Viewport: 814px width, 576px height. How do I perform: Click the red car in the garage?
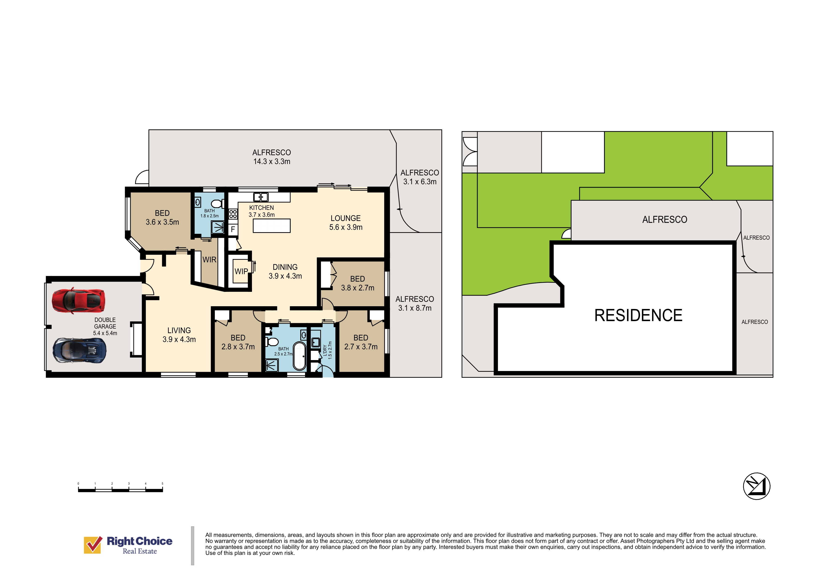[78, 300]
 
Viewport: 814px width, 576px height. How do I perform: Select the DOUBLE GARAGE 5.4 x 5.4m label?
[105, 326]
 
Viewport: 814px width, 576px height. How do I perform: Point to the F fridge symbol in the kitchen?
[233, 229]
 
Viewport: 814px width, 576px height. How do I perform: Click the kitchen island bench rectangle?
[271, 226]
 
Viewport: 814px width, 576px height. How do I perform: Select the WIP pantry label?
[241, 271]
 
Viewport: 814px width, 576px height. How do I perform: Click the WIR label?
[209, 260]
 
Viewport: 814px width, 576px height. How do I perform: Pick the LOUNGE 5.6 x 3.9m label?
[346, 223]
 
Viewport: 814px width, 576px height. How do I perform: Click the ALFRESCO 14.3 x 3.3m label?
[271, 157]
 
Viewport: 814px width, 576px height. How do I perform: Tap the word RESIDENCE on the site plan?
[638, 315]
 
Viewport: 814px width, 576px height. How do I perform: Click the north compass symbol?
[756, 486]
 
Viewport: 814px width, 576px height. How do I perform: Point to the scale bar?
[120, 490]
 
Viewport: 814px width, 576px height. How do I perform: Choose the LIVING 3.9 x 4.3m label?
[179, 335]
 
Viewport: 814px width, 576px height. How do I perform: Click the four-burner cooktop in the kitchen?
[233, 214]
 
